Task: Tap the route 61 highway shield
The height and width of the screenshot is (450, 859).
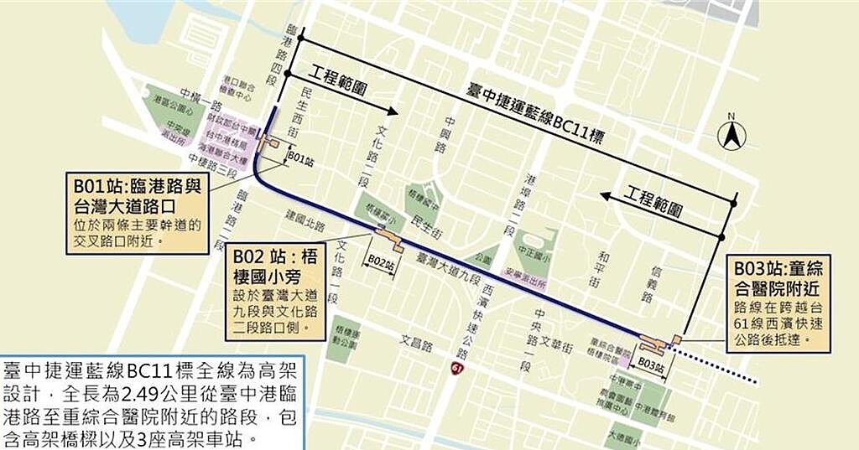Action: pyautogui.click(x=457, y=369)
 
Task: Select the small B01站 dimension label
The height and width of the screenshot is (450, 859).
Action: pyautogui.click(x=300, y=156)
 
